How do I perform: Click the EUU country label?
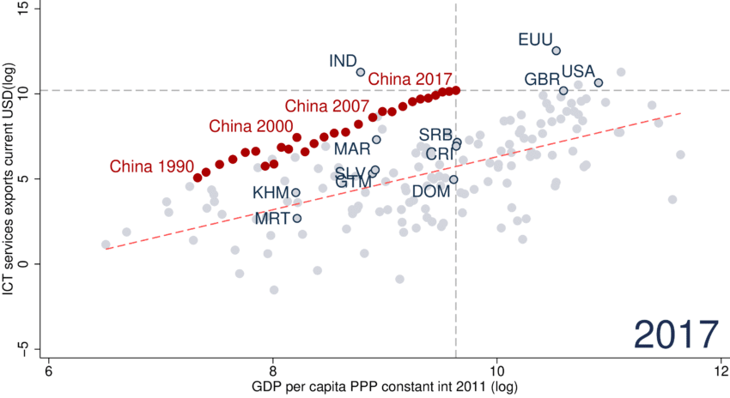pos(535,39)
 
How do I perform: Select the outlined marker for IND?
pos(361,72)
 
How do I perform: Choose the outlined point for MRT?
pos(297,218)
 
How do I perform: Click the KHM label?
pos(270,193)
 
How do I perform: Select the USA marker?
pos(599,83)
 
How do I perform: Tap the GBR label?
pos(542,80)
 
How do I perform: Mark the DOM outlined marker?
pos(453,179)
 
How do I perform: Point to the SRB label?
pos(435,135)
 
